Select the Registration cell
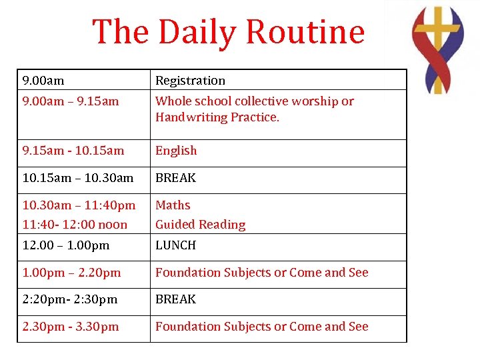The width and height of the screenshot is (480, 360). [190, 81]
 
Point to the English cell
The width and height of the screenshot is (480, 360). [176, 151]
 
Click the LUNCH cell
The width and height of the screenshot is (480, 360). [175, 245]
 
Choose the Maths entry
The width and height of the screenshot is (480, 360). [173, 205]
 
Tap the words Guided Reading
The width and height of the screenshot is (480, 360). [200, 225]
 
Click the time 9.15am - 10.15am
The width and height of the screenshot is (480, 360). [73, 151]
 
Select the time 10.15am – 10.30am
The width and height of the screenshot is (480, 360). [78, 178]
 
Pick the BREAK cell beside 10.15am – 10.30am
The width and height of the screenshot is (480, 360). [175, 178]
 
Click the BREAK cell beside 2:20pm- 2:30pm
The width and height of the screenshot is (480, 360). [175, 299]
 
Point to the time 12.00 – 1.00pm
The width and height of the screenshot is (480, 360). [65, 245]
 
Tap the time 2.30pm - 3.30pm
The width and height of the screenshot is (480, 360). [71, 327]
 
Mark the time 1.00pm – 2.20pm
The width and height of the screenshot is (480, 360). [71, 273]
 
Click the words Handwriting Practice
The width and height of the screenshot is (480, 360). [217, 117]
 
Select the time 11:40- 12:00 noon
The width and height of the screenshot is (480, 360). [75, 225]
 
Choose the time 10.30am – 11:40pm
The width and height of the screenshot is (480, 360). [79, 205]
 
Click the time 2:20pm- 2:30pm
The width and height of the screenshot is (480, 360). [69, 299]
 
